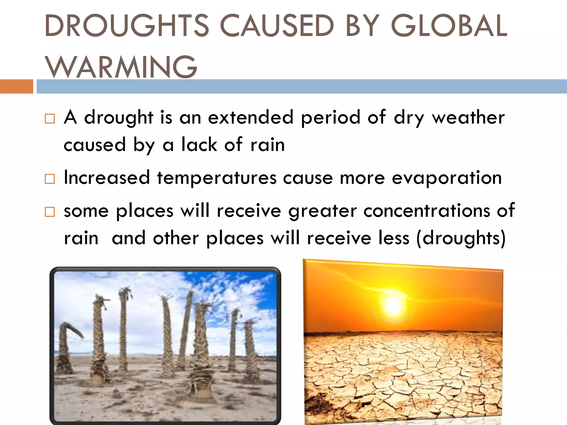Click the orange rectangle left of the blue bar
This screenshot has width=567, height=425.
[16, 86]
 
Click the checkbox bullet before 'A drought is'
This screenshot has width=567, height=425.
[50, 119]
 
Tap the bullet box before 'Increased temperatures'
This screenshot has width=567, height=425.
[50, 179]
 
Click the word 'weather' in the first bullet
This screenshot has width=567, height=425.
[468, 118]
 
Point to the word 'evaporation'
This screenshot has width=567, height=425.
[447, 178]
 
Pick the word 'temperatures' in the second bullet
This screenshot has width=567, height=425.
[217, 178]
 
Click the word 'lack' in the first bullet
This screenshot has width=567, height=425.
[199, 145]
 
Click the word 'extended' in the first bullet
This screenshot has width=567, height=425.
[251, 118]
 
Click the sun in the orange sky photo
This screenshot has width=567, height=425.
[393, 305]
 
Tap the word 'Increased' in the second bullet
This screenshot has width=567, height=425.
[107, 178]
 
